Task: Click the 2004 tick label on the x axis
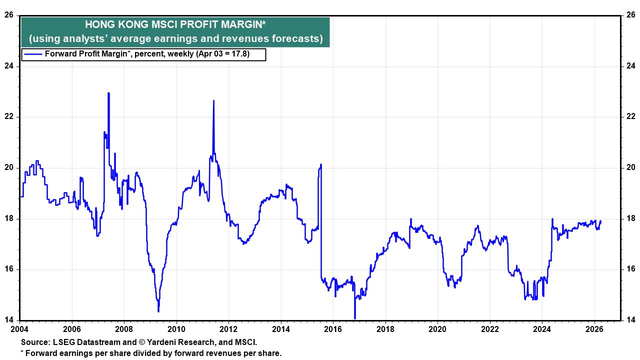click(x=20, y=329)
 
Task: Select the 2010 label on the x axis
click(x=176, y=329)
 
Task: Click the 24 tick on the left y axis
click(x=9, y=66)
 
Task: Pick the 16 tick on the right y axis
click(x=630, y=269)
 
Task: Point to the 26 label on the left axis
click(x=9, y=15)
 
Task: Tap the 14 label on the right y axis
click(x=630, y=320)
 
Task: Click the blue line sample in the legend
click(x=33, y=54)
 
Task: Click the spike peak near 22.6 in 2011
click(x=213, y=100)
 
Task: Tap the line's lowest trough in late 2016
click(x=354, y=318)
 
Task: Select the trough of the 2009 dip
click(x=158, y=311)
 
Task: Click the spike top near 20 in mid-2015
click(x=320, y=164)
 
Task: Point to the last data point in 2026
click(x=600, y=221)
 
